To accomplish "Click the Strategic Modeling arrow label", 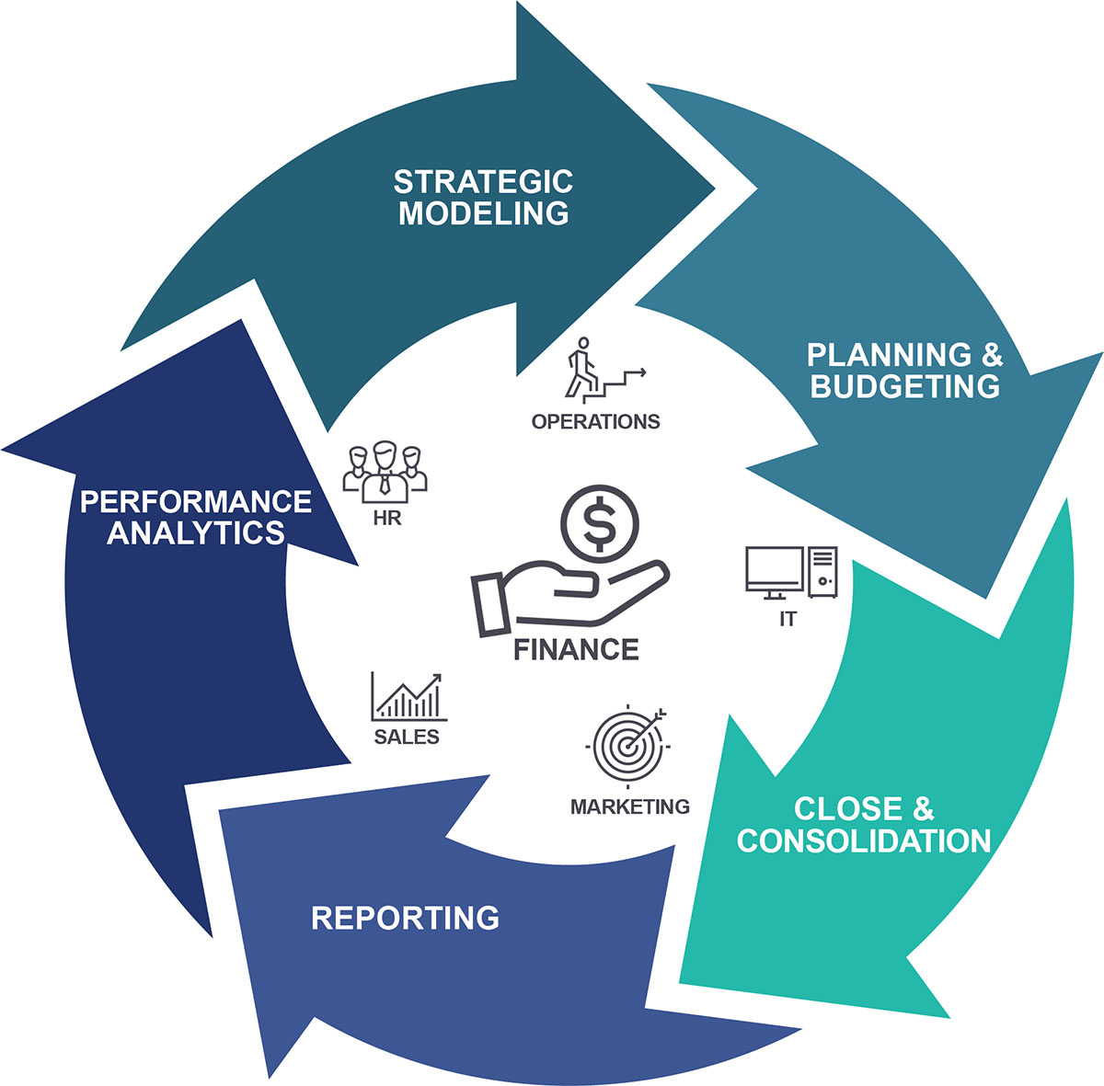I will coord(484,197).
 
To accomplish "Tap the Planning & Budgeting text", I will coord(904,370).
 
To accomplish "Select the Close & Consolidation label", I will coord(864,825).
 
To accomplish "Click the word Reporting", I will coord(405,918).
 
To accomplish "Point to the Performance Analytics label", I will coord(196,517).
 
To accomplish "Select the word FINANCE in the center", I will coord(576,650).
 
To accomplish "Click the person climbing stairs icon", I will coord(584,368).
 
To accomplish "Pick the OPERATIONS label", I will coord(595,422).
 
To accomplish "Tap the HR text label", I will coord(386,519).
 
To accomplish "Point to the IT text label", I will coord(788,620).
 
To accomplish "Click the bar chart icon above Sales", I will coord(408,697).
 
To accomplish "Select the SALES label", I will coord(407,737).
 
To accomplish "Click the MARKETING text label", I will coord(629,806).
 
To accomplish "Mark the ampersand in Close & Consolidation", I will coord(923,809).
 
